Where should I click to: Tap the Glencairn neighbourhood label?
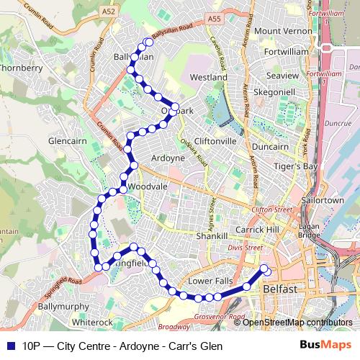tap(67, 142)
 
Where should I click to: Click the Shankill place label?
tap(212, 236)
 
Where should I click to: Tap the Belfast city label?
tap(280, 289)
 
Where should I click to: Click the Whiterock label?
tap(92, 322)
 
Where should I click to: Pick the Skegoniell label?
tap(274, 93)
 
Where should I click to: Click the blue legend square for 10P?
tap(10, 346)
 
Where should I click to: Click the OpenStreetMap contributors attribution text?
tap(297, 323)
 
